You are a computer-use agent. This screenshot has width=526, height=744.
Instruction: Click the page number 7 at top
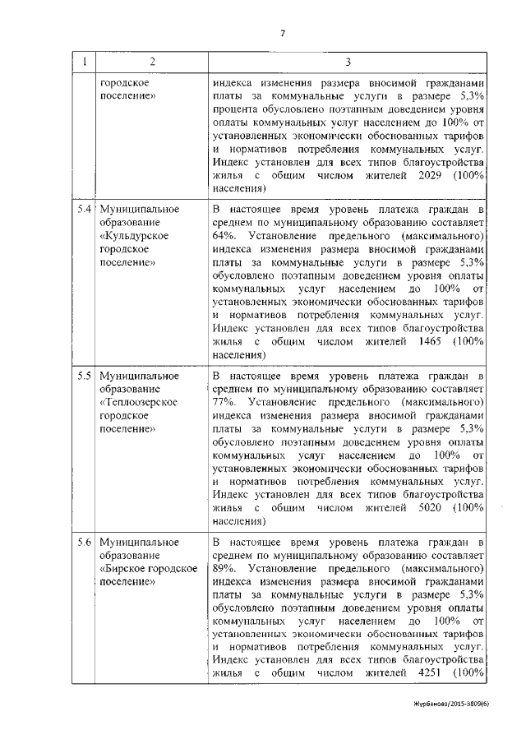click(x=283, y=34)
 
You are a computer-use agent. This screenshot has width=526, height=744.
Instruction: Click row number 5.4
click(x=83, y=210)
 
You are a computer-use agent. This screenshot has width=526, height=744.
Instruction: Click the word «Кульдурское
click(x=133, y=236)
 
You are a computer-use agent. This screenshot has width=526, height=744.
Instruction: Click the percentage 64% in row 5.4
click(x=223, y=236)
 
